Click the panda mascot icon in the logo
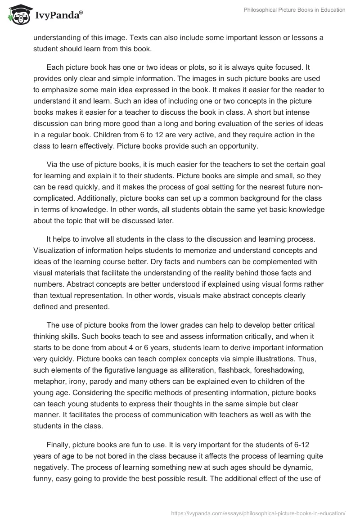(18, 14)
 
